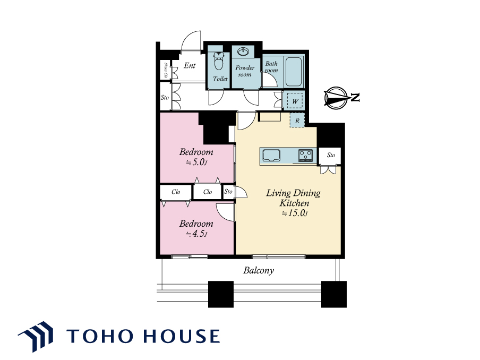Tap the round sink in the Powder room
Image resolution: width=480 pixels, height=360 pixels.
(x=243, y=52)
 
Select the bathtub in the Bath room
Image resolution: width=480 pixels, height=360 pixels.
(x=294, y=72)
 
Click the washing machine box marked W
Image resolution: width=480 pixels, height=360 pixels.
(x=295, y=101)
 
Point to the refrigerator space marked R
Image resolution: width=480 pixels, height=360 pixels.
(x=297, y=121)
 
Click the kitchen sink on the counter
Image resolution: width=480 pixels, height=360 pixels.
(x=271, y=156)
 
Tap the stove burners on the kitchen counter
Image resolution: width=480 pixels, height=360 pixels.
(x=306, y=155)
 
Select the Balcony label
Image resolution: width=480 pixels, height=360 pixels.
(x=259, y=271)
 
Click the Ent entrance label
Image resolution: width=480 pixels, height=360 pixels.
(x=190, y=65)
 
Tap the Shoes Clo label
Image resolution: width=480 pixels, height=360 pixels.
(x=166, y=70)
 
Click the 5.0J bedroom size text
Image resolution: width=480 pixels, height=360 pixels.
(x=196, y=162)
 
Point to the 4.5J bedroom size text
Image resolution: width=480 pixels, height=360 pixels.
(x=196, y=234)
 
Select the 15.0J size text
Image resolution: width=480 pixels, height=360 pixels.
(x=295, y=213)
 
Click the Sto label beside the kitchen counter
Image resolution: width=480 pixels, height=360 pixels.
(x=331, y=155)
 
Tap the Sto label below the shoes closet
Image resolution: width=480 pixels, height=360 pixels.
(x=165, y=98)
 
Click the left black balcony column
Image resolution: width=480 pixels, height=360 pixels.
(x=221, y=294)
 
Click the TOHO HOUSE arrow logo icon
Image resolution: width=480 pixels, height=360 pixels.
(x=36, y=336)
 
